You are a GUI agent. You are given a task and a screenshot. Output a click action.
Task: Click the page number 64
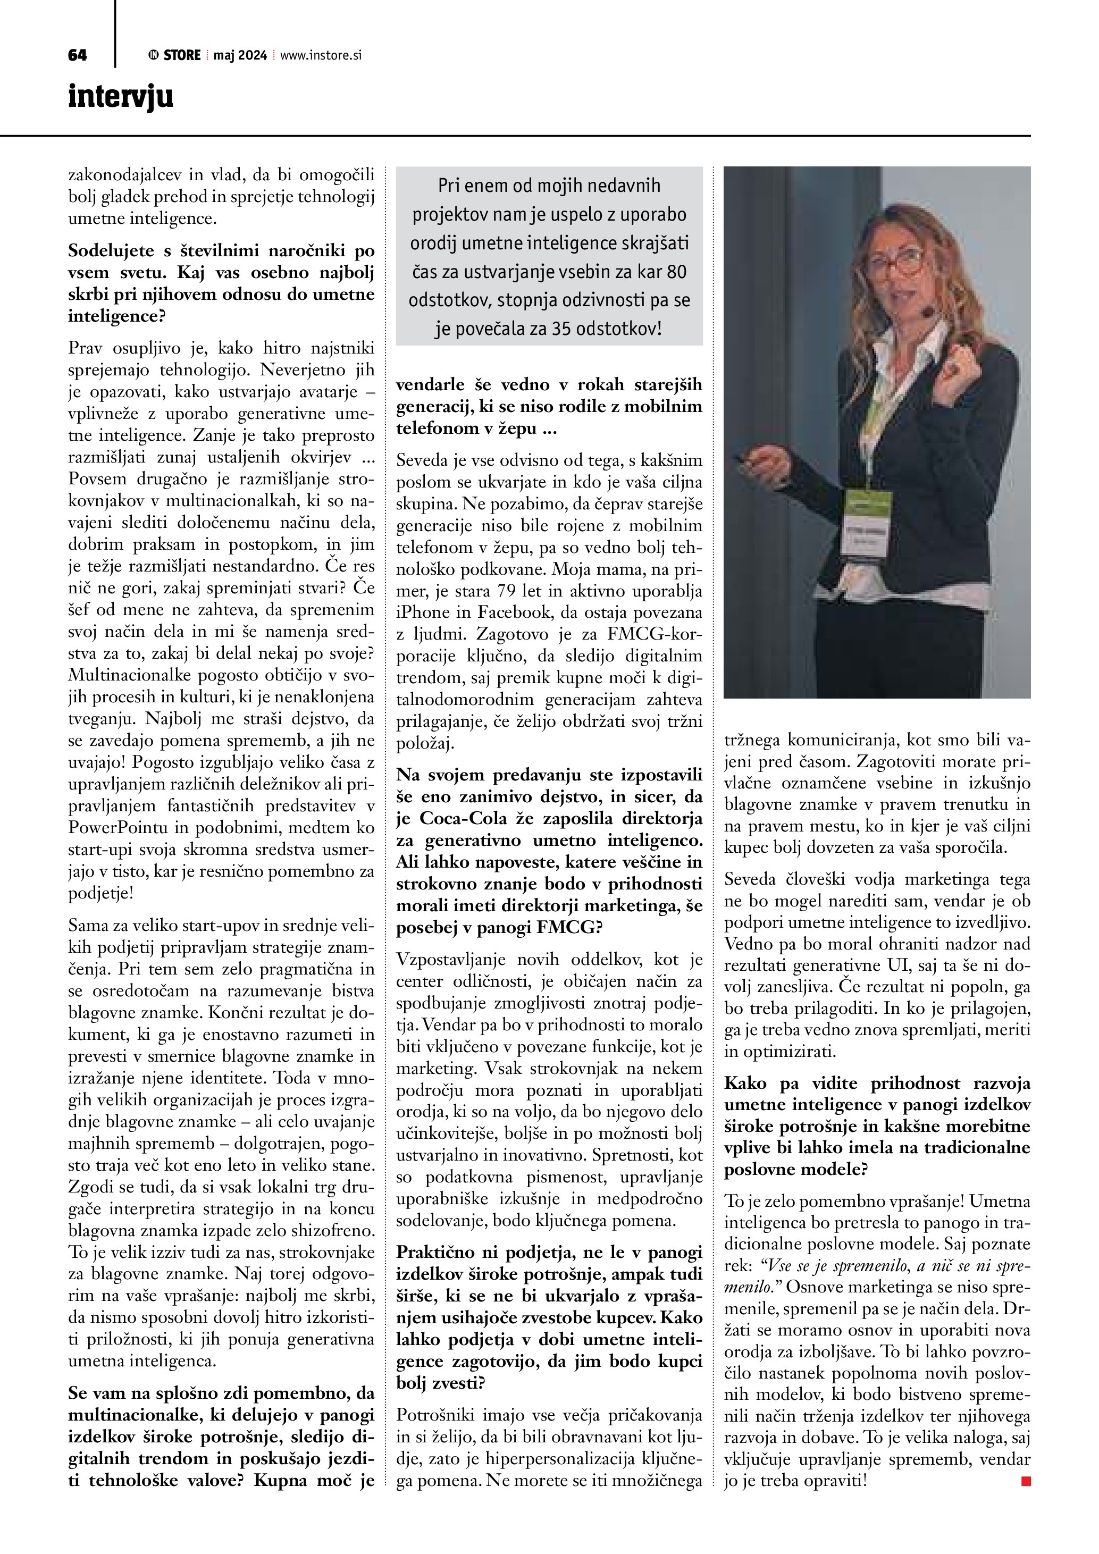pyautogui.click(x=77, y=55)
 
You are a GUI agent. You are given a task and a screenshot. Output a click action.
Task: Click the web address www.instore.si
pyautogui.click(x=321, y=55)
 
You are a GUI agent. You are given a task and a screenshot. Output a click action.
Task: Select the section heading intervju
pyautogui.click(x=121, y=97)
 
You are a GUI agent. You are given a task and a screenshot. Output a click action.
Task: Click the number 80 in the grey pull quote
pyautogui.click(x=676, y=272)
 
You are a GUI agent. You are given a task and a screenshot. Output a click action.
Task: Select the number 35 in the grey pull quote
pyautogui.click(x=561, y=329)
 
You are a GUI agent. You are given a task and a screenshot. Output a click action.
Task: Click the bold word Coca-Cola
pyautogui.click(x=464, y=818)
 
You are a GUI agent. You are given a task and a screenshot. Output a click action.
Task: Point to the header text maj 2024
pyautogui.click(x=240, y=55)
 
